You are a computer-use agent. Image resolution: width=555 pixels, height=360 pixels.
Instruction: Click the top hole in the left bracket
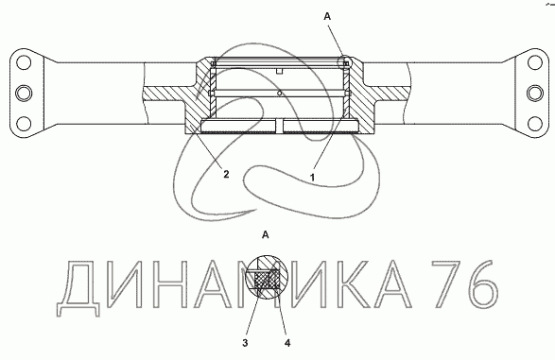24,62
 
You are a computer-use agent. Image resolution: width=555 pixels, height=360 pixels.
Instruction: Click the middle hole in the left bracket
24,94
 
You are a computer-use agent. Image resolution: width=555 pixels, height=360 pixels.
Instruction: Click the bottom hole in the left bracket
24,124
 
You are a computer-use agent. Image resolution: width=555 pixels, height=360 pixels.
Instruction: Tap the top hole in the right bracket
534,62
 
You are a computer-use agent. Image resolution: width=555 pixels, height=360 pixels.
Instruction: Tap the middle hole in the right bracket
534,94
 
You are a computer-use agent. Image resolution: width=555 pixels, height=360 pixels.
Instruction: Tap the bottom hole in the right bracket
534,124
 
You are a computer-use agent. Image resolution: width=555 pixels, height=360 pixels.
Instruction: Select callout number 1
312,178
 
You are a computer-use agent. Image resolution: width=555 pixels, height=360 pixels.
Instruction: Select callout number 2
226,174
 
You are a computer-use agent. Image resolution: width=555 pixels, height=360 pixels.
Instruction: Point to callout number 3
245,343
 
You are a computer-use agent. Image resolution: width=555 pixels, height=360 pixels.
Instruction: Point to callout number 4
287,343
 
